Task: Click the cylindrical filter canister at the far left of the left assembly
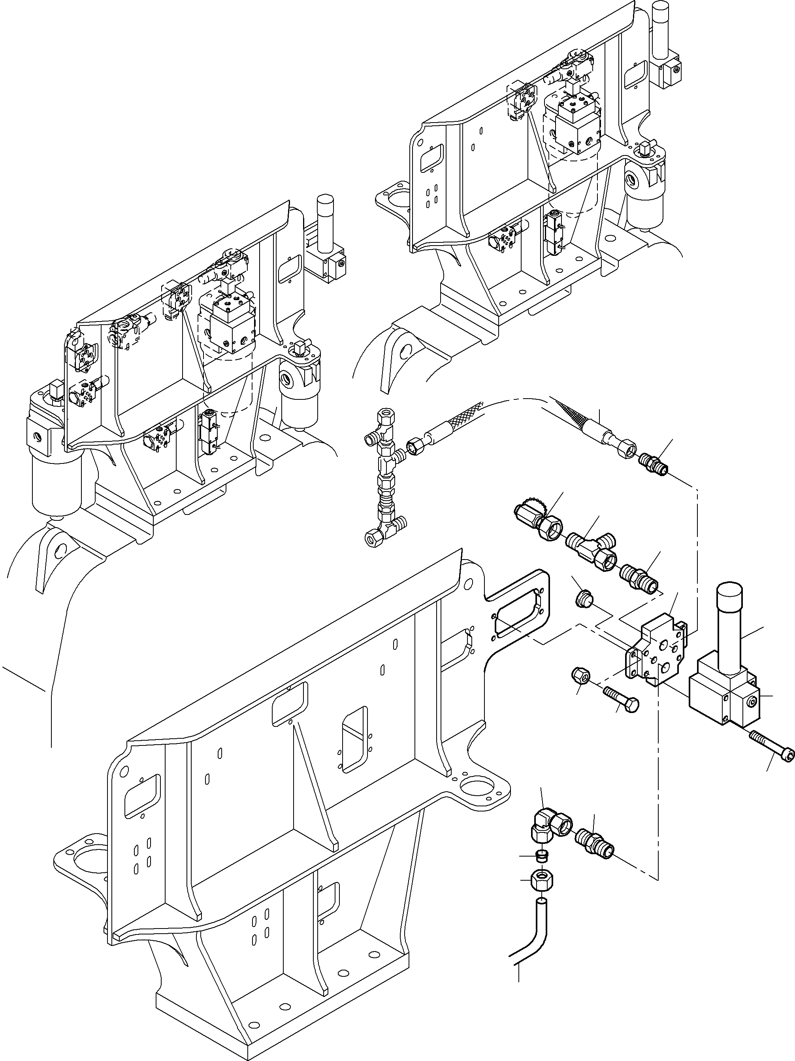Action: tap(49, 484)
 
